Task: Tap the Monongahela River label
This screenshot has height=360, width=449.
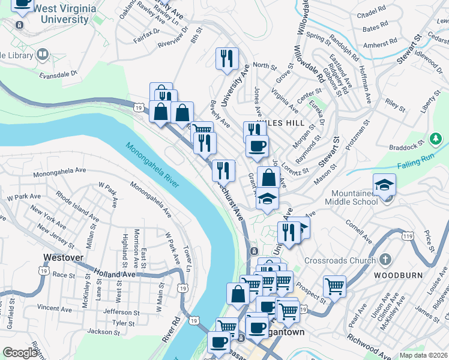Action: click(x=152, y=165)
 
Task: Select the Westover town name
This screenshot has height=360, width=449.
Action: click(x=62, y=258)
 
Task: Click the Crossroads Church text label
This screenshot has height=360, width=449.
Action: click(x=340, y=260)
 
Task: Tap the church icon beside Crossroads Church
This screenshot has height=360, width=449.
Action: click(x=385, y=260)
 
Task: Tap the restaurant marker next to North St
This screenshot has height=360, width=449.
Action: click(x=227, y=59)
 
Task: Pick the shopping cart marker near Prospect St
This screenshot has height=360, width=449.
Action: click(x=335, y=286)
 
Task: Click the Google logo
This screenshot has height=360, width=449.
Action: click(x=20, y=352)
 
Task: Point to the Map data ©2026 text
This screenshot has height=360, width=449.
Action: click(x=423, y=355)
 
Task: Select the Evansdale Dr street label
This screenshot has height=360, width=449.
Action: click(x=59, y=76)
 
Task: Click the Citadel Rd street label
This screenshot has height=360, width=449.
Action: click(x=371, y=12)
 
